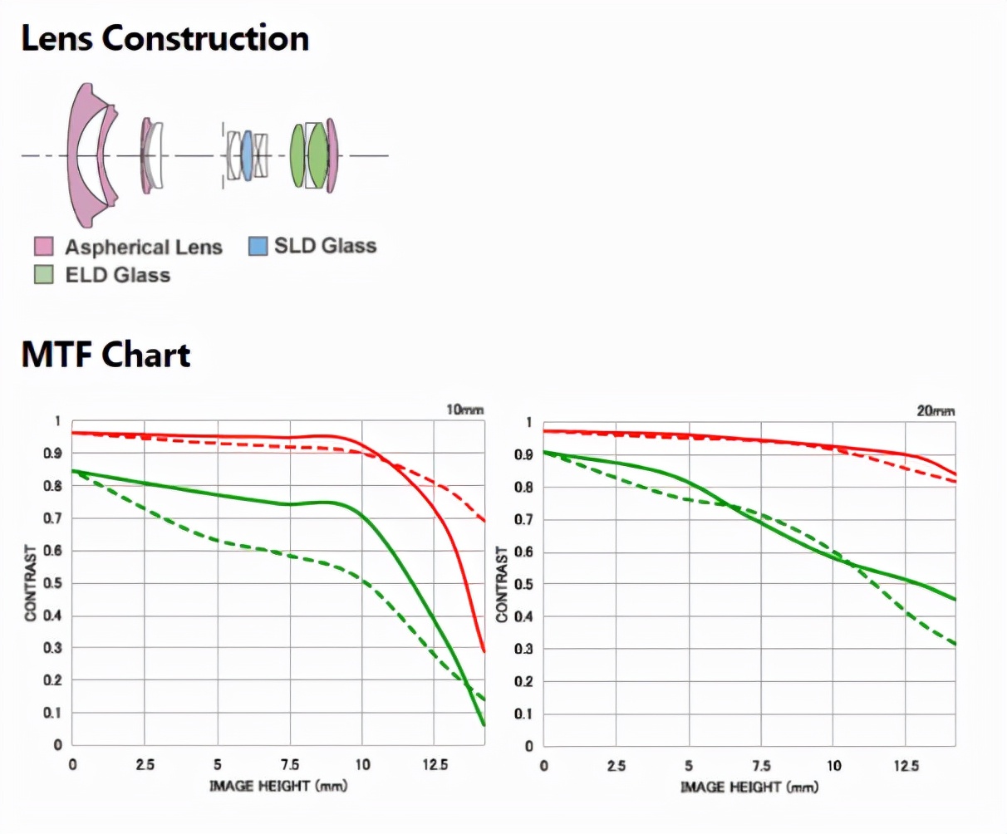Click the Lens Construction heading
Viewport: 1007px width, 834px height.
(165, 38)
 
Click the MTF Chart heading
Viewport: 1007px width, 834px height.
(106, 355)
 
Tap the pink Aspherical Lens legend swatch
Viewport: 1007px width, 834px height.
(43, 247)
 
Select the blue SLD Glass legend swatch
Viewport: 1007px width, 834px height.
(258, 246)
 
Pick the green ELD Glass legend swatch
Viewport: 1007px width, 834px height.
(43, 274)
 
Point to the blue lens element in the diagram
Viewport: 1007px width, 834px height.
(246, 155)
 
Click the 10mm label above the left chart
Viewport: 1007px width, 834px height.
(464, 410)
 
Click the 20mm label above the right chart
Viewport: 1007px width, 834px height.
(936, 410)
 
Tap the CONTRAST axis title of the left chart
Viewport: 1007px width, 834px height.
(31, 583)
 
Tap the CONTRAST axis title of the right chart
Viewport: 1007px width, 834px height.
(502, 584)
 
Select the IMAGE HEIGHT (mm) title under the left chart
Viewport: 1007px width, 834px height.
(278, 785)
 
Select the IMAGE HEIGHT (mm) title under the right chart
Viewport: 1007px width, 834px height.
(749, 786)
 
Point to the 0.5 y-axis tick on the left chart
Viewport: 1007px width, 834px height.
(52, 583)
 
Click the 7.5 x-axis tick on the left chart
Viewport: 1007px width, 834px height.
(290, 764)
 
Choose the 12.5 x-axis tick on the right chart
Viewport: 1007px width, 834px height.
(906, 765)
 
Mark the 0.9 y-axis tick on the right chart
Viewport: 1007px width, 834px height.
(523, 454)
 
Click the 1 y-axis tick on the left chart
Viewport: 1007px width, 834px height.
(57, 421)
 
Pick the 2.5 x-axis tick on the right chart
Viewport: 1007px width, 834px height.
(616, 765)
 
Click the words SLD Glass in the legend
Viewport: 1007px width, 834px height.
(325, 246)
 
